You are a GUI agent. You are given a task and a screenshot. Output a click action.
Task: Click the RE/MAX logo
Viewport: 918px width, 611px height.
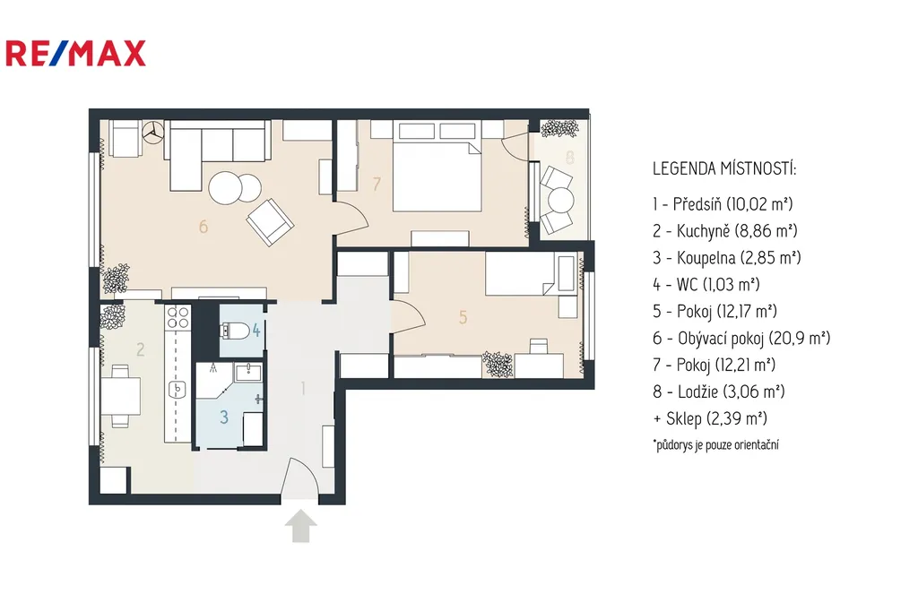[x=75, y=54]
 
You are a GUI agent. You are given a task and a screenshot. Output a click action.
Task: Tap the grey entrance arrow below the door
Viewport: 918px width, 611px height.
[x=300, y=526]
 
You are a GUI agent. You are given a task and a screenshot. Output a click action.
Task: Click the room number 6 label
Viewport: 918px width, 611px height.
[x=204, y=227]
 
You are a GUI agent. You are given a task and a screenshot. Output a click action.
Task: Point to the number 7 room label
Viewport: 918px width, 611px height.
[x=377, y=185]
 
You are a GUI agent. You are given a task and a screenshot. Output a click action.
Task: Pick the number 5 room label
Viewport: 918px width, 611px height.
[x=463, y=316]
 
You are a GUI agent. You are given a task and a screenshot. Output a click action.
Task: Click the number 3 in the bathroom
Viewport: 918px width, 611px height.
[x=225, y=417]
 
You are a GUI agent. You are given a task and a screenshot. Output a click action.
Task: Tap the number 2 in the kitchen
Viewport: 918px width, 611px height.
[x=140, y=349]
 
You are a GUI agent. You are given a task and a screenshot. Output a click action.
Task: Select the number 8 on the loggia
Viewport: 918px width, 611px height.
[x=570, y=158]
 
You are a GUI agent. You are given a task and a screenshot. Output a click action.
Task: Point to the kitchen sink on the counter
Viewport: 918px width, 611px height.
[x=178, y=388]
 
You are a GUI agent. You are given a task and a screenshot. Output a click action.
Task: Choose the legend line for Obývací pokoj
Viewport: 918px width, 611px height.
[x=740, y=339]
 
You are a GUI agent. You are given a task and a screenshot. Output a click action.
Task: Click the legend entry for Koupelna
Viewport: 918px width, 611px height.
[x=726, y=258]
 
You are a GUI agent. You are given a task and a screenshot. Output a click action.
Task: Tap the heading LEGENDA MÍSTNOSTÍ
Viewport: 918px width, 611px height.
[x=723, y=168]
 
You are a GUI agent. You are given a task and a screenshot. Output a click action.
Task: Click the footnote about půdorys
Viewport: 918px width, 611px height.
[x=714, y=443]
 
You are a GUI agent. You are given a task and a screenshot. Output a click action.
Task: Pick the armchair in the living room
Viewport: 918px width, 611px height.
[x=270, y=221]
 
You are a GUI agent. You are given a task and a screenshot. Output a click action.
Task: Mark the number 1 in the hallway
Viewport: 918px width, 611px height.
[x=304, y=389]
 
